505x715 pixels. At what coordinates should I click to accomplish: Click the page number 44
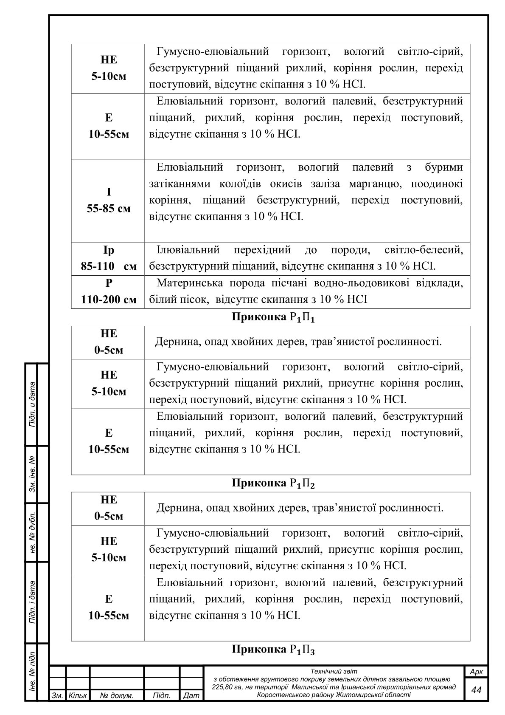(x=477, y=690)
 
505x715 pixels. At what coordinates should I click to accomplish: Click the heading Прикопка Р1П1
(x=273, y=317)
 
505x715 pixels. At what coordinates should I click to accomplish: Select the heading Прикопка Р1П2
(x=273, y=483)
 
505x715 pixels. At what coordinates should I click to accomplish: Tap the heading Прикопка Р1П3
(x=273, y=649)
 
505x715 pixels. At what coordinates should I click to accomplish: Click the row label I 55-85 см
(x=109, y=201)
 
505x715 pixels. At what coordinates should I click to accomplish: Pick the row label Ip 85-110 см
(x=109, y=258)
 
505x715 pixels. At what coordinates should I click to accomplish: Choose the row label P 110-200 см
(x=109, y=291)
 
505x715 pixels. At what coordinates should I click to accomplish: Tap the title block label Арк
(x=476, y=672)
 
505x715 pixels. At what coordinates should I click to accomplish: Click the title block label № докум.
(x=117, y=696)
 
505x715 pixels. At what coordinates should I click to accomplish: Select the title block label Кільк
(x=78, y=696)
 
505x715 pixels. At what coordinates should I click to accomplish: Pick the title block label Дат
(x=191, y=696)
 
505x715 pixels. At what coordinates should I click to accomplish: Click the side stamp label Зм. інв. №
(x=32, y=475)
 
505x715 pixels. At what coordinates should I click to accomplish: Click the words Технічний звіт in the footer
(x=334, y=671)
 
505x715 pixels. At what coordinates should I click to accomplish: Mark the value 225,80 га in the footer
(x=229, y=687)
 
